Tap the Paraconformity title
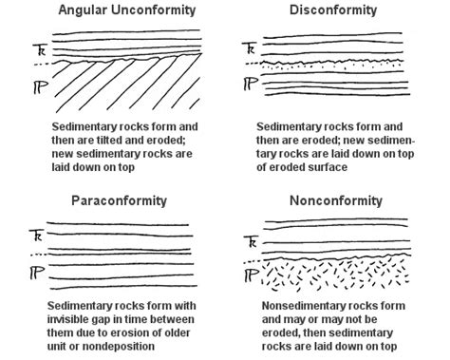(120, 201)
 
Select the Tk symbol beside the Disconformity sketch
(248, 47)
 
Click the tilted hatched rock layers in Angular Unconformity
(123, 90)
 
